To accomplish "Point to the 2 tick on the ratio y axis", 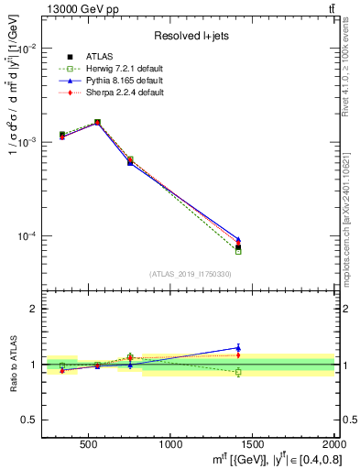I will [33, 310].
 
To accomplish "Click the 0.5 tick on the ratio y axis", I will [29, 420].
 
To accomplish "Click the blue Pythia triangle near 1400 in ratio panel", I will [238, 347].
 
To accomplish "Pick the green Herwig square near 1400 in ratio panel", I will [238, 372].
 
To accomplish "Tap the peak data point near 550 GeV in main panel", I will [97, 122].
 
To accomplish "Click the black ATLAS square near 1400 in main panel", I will [238, 247].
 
